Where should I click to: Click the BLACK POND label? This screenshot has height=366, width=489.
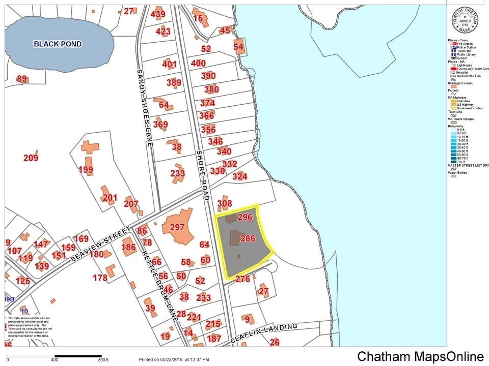pyautogui.click(x=58, y=44)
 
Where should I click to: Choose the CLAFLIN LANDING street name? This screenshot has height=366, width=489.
pyautogui.click(x=263, y=333)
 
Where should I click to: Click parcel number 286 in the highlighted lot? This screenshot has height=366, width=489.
pyautogui.click(x=248, y=238)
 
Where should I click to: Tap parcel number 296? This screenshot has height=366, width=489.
pyautogui.click(x=245, y=217)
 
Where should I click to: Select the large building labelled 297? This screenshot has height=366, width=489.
pyautogui.click(x=177, y=228)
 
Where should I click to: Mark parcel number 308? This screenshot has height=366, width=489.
pyautogui.click(x=225, y=204)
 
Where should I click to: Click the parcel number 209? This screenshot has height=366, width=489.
pyautogui.click(x=31, y=158)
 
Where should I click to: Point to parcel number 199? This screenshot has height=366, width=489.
pyautogui.click(x=86, y=170)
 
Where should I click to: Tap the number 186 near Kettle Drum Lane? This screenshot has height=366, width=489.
pyautogui.click(x=129, y=248)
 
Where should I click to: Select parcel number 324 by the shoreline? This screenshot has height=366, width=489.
pyautogui.click(x=239, y=177)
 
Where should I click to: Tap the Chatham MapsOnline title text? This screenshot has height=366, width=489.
pyautogui.click(x=420, y=356)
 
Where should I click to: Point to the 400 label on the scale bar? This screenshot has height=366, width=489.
pyautogui.click(x=55, y=360)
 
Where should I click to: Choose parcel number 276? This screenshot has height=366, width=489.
pyautogui.click(x=242, y=279)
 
